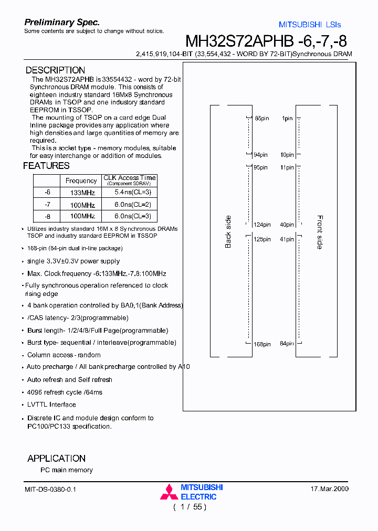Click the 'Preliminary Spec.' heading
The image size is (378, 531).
62,22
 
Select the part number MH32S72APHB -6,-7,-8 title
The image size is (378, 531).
266,41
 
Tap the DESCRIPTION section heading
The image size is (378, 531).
55,70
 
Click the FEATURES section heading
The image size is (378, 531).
46,166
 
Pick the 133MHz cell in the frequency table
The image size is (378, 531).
82,193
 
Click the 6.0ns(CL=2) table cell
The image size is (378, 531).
133,205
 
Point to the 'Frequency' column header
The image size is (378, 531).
81,180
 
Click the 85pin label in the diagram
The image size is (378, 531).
261,119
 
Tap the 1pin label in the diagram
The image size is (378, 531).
287,119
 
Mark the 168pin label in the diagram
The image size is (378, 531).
261,344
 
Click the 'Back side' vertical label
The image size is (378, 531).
228,232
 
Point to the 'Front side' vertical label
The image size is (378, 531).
320,232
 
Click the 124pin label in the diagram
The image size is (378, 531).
261,225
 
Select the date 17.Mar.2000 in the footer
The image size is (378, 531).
330,489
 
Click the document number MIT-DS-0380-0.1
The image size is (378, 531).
50,489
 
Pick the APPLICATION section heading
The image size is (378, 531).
56,458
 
